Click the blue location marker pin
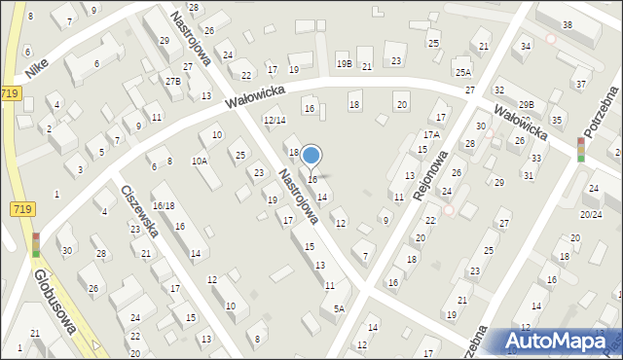coord(311,155)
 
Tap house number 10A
coord(199,162)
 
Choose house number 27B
coord(172,81)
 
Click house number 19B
coord(344,64)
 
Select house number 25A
coord(462,73)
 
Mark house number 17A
coord(431,134)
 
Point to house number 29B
coord(526,104)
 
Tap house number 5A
coord(339,308)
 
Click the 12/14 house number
coord(275,120)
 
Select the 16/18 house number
coord(163,206)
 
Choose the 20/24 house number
coord(590,214)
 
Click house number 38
coord(568,24)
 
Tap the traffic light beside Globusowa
coord(36,244)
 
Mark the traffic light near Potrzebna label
coord(581,149)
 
